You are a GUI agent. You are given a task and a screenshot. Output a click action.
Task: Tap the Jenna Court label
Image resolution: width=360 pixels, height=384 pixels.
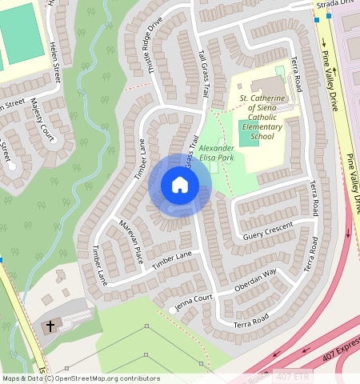(x=193, y=302)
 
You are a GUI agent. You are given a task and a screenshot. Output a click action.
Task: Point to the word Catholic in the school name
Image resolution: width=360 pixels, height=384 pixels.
(x=260, y=117)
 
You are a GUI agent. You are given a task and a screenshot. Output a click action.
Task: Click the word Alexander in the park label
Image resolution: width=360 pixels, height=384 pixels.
(x=216, y=149)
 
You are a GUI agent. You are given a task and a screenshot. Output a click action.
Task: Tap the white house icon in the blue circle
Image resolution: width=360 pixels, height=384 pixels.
(x=179, y=186)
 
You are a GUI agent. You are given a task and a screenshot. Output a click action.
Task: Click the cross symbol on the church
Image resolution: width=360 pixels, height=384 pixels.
(x=50, y=326)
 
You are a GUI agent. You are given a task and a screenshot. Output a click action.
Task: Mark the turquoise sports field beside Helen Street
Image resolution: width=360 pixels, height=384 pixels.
(x=20, y=32)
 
